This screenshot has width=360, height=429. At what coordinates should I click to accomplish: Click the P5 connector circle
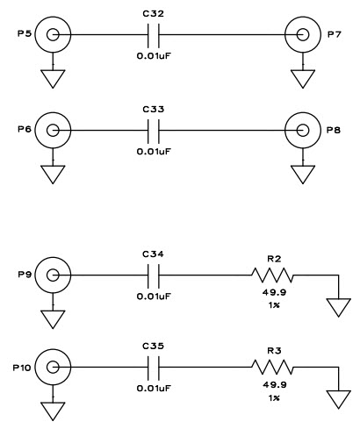point(54,36)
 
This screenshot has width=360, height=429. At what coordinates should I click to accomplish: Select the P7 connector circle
point(304,36)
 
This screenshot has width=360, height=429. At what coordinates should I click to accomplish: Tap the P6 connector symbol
point(54,130)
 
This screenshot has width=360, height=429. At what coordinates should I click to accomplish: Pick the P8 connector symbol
point(304,130)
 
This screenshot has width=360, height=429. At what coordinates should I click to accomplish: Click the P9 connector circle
point(54,275)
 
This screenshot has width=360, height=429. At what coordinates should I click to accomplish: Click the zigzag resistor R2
point(274,275)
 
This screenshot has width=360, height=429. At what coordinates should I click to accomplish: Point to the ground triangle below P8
point(304,173)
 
